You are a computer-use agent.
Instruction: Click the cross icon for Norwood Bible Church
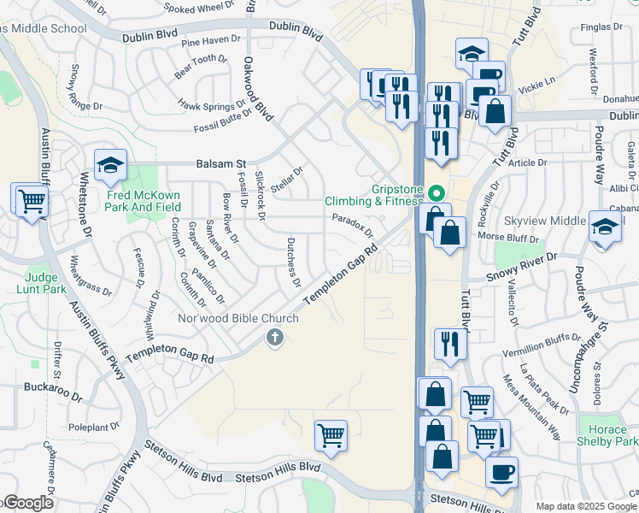coord(275,338)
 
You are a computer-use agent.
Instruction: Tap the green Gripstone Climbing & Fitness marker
coord(437,192)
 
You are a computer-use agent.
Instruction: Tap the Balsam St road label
coord(220,162)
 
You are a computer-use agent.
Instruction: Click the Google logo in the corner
coord(27,504)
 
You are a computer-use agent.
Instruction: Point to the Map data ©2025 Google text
coord(586,506)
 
